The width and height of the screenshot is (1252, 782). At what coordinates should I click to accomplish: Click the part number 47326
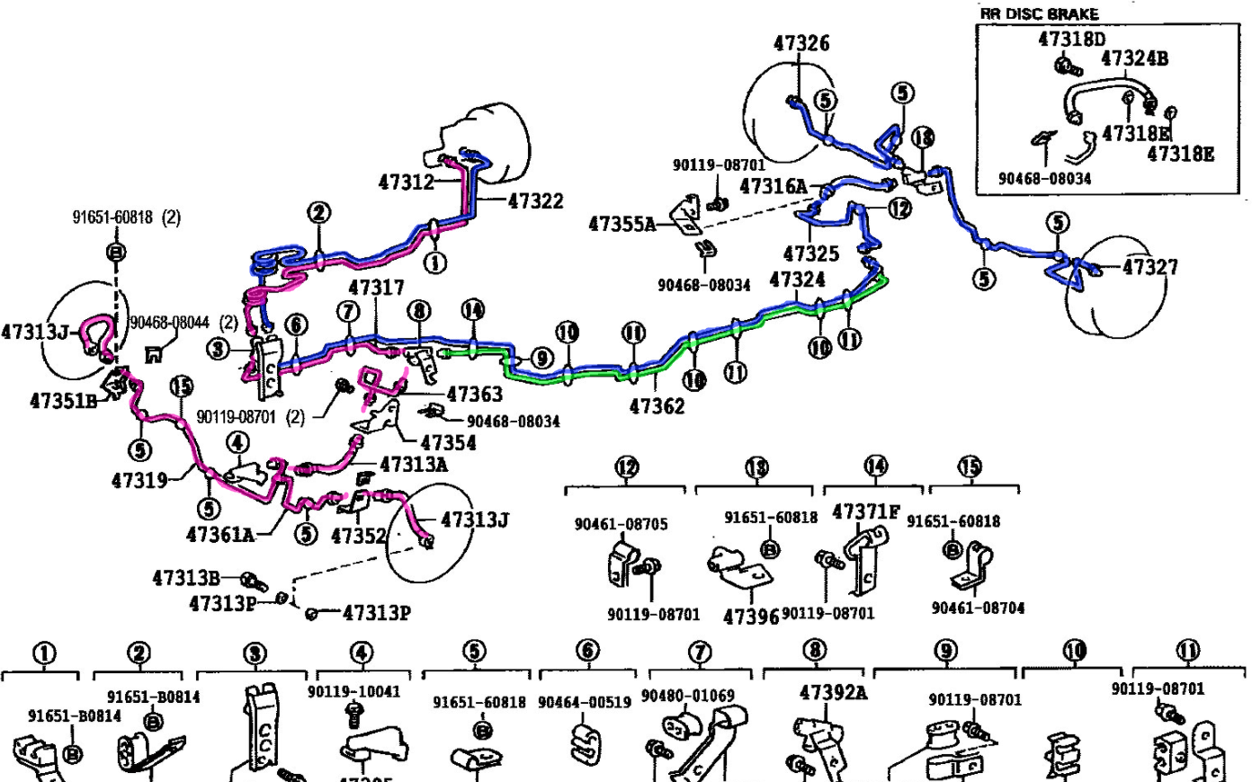click(x=800, y=43)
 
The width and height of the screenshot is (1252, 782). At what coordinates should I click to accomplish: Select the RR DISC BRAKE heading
click(x=1039, y=13)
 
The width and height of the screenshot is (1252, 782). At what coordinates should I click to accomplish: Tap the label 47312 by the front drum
click(x=406, y=182)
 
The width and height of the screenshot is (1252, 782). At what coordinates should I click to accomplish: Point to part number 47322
click(x=535, y=201)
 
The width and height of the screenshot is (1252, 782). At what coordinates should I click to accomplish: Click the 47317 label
click(x=376, y=288)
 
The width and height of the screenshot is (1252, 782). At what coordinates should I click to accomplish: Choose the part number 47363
click(x=474, y=394)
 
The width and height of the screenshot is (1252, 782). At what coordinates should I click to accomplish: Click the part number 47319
click(x=139, y=481)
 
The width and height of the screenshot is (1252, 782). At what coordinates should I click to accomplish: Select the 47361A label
click(x=220, y=535)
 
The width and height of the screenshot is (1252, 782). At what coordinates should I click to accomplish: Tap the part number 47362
click(x=657, y=406)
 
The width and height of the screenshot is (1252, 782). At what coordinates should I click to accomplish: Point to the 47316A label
click(x=773, y=186)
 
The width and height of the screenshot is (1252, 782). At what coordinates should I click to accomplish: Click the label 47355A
click(x=622, y=224)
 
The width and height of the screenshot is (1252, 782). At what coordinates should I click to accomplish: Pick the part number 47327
click(x=1150, y=267)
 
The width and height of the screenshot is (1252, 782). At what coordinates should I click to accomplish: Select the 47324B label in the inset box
click(x=1134, y=58)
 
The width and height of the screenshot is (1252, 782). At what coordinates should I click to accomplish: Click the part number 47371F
click(x=865, y=511)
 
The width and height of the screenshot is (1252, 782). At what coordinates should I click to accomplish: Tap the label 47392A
click(x=834, y=692)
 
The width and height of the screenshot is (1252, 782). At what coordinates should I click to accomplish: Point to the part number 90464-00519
click(x=585, y=702)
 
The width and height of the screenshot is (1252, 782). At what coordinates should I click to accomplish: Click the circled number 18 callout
click(x=923, y=138)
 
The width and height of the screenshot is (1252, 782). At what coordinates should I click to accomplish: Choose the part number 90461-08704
click(x=978, y=609)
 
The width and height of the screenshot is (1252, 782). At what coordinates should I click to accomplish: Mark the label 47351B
click(x=63, y=401)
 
